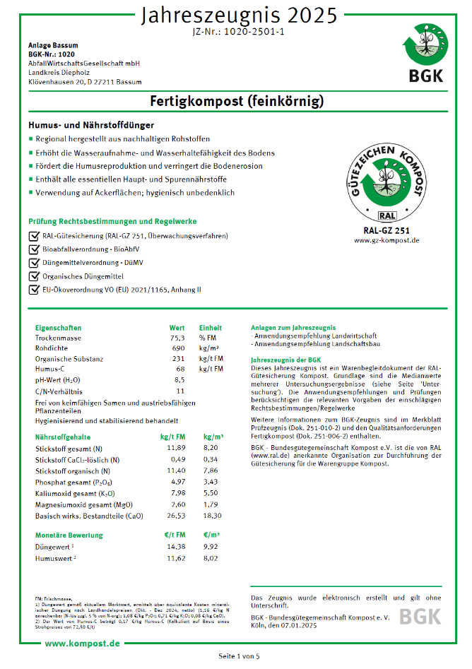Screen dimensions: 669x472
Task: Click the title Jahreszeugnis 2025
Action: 237,15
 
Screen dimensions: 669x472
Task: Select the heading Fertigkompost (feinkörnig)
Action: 237,101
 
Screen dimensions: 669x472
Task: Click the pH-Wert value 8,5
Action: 179,379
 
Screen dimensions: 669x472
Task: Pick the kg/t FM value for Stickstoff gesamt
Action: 176,448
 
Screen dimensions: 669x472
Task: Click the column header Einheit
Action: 210,328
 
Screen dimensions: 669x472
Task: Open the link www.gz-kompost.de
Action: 387,240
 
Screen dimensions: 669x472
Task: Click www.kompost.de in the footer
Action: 82,644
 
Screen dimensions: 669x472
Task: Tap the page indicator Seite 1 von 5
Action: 239,656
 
